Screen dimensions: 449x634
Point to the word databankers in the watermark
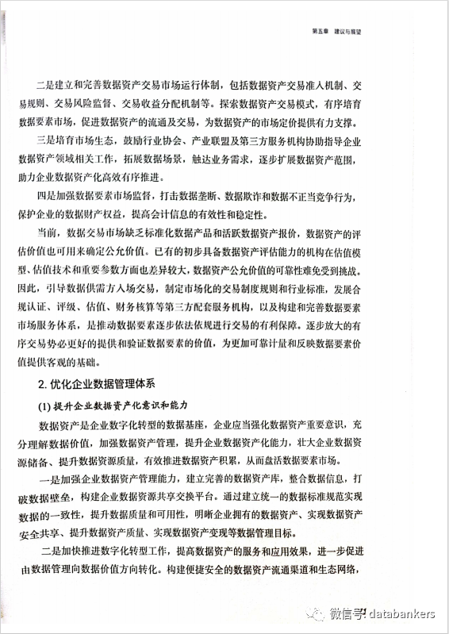click(401, 613)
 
